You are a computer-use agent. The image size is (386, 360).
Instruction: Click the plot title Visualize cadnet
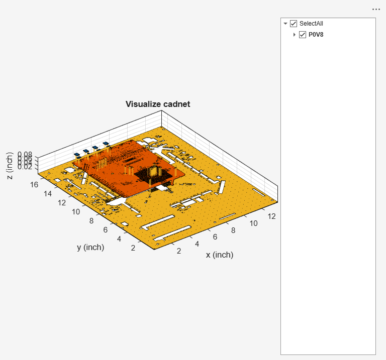click(157, 104)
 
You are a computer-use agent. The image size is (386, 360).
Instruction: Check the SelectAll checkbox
click(294, 24)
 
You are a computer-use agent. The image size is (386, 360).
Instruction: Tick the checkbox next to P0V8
click(303, 35)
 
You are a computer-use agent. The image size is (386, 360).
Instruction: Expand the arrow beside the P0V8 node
click(295, 35)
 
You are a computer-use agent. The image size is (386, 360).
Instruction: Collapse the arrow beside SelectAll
click(285, 24)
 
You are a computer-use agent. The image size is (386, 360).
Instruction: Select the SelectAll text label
click(315, 24)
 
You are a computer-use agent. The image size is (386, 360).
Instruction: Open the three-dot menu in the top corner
click(376, 9)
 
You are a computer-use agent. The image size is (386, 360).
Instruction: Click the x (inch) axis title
click(220, 255)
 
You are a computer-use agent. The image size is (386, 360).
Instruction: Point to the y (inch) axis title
click(90, 247)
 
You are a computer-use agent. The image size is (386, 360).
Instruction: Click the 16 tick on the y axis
click(34, 184)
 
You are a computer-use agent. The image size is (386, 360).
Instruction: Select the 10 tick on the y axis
click(76, 212)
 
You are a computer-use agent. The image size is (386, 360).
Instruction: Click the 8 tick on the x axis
click(233, 230)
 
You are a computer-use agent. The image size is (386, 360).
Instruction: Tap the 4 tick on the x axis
click(197, 244)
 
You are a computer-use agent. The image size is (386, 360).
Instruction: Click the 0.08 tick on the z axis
click(25, 155)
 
